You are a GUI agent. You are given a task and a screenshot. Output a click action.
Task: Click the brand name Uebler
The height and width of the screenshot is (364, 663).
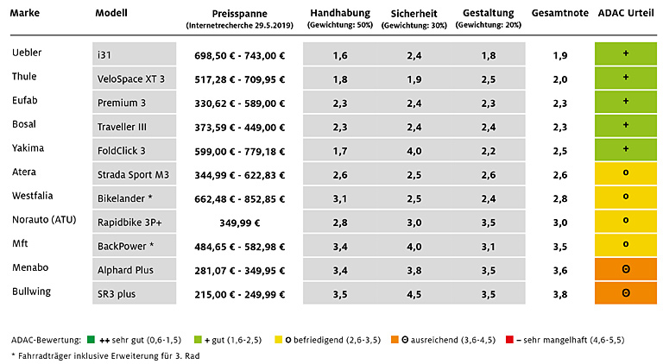click(27, 53)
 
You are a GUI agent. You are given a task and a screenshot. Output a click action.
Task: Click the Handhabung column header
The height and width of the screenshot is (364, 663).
click(339, 14)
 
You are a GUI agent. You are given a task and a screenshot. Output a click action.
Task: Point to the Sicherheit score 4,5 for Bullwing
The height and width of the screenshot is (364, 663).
click(415, 294)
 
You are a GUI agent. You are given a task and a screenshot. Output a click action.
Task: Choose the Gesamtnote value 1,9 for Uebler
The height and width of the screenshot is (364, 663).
click(560, 55)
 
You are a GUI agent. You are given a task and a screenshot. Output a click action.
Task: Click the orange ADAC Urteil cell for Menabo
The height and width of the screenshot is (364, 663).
click(625, 270)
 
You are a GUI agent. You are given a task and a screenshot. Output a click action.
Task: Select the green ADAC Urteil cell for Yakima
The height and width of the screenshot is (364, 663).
click(625, 150)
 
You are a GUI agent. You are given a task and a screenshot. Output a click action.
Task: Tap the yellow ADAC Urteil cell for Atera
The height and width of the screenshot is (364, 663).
click(625, 174)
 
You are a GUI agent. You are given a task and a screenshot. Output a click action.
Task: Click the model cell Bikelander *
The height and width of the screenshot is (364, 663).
click(136, 198)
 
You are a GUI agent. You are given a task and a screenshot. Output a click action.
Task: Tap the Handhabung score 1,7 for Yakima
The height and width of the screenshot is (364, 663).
click(340, 151)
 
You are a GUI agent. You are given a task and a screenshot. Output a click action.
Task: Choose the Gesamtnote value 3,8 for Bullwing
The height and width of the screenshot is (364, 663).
click(560, 294)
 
